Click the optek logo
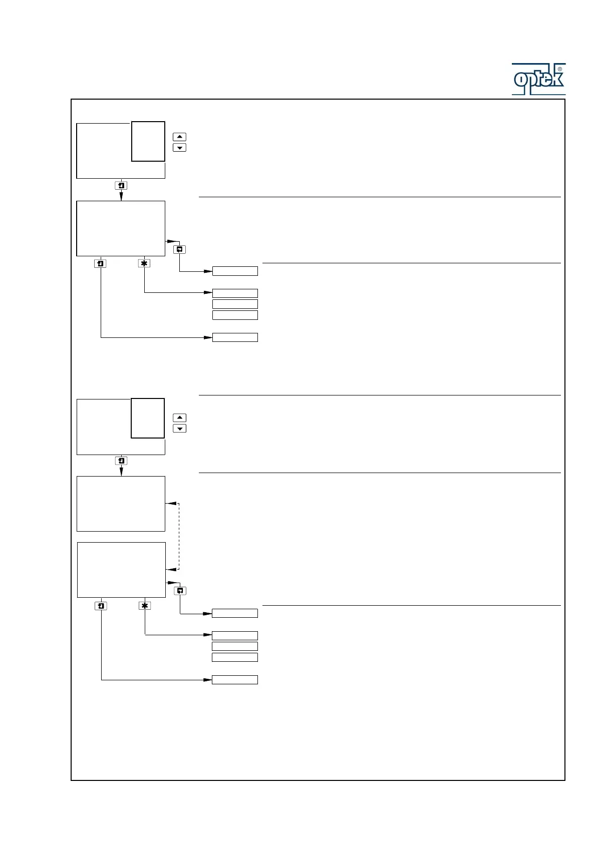coord(537,80)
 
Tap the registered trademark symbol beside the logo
coord(559,70)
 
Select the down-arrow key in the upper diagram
coord(179,148)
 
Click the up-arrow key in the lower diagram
coord(179,417)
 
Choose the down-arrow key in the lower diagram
coord(179,429)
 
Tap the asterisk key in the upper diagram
coord(144,263)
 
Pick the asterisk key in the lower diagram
coord(145,606)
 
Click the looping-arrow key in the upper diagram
coord(180,249)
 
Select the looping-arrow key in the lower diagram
coord(180,591)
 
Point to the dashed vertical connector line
coord(178,536)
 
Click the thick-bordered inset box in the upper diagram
coord(148,141)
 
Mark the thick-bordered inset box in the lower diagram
coord(148,418)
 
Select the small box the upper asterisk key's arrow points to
coord(235,293)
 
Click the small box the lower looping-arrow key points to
coord(235,613)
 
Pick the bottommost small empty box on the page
coord(235,680)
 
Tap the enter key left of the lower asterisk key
coord(101,606)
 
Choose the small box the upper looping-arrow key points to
coord(235,271)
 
